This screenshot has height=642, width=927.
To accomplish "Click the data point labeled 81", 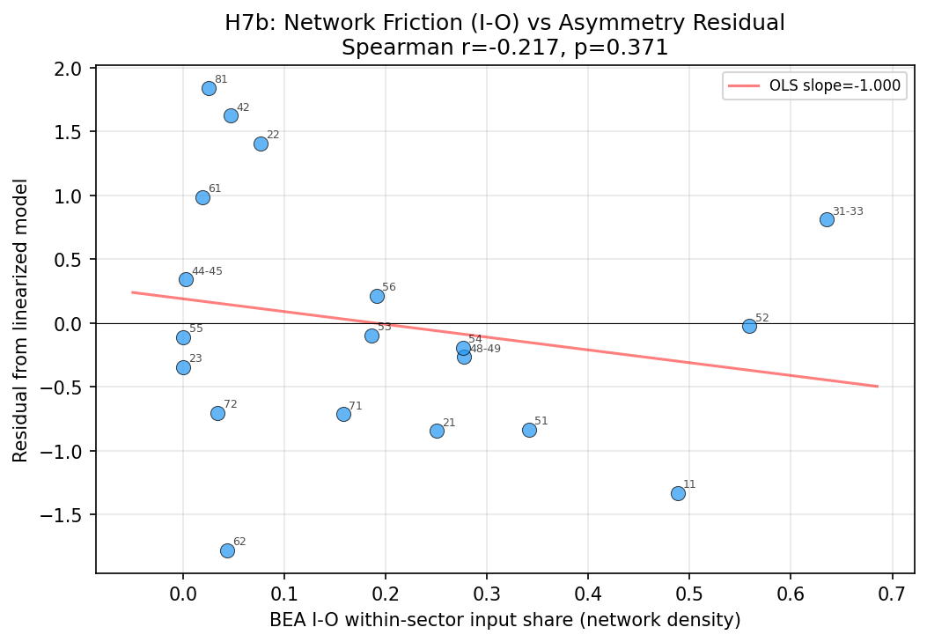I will (209, 88).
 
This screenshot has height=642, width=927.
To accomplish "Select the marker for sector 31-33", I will (827, 219).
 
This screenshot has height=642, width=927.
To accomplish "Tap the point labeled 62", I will (227, 550).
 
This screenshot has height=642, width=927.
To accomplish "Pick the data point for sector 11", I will (678, 493).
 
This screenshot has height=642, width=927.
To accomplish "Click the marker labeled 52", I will (749, 326).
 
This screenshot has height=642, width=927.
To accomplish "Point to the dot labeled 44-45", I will (186, 279).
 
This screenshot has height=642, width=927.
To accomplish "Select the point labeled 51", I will (529, 430).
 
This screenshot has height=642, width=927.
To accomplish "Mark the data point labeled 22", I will (261, 144).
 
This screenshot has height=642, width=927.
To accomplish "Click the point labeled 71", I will (343, 414).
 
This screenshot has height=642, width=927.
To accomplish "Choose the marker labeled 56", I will (377, 296).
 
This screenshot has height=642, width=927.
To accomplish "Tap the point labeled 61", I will (202, 197).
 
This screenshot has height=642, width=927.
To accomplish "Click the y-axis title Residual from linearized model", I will (21, 320).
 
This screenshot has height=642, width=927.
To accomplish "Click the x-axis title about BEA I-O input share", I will (504, 620).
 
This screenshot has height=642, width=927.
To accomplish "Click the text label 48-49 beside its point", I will (485, 349).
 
